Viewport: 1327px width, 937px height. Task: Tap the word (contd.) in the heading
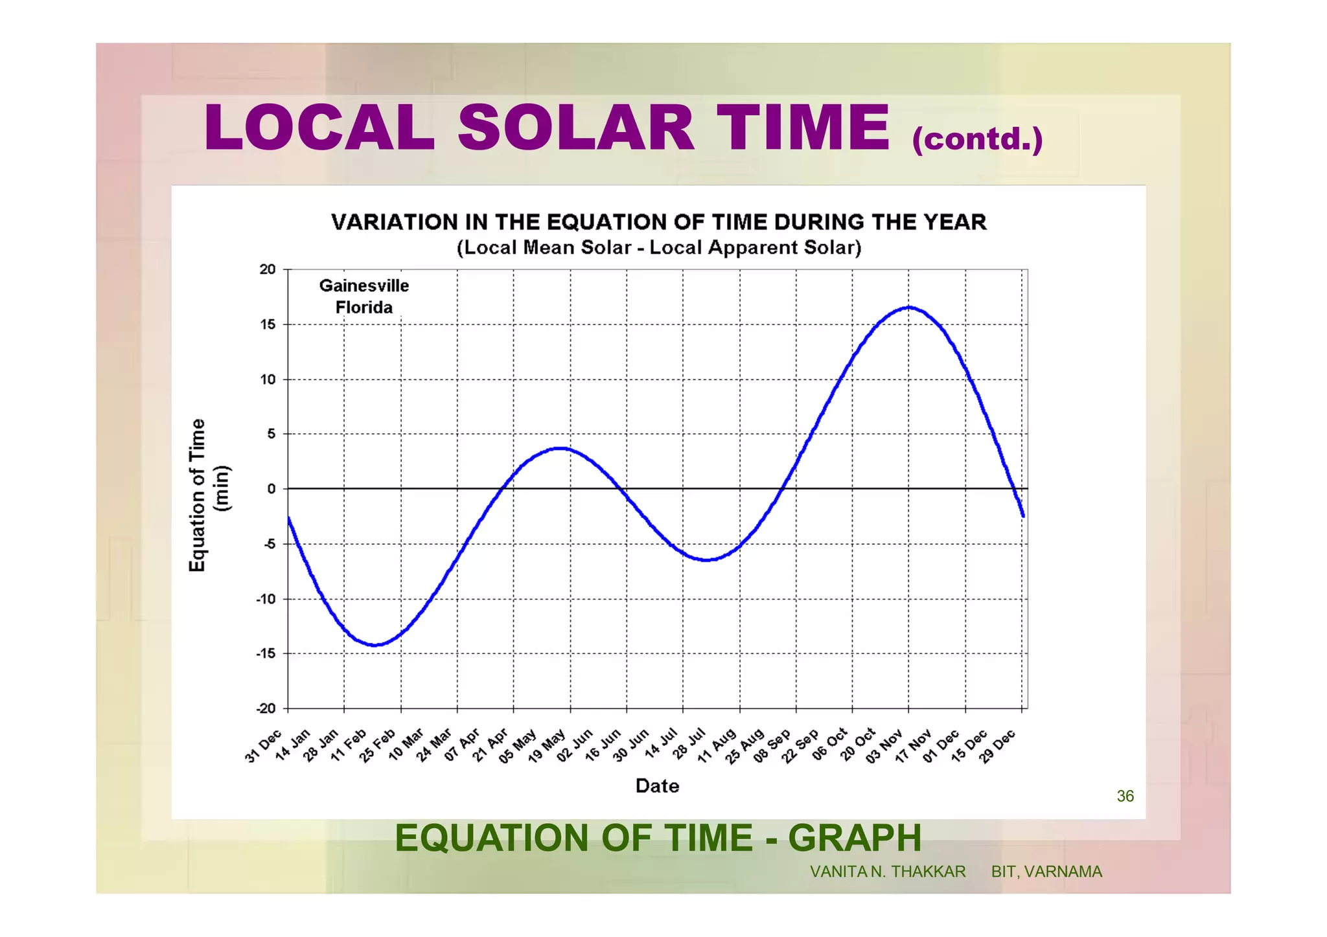tap(977, 139)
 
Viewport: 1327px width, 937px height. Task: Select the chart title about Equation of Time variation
tap(658, 222)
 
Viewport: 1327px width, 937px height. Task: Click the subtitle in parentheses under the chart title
tap(658, 248)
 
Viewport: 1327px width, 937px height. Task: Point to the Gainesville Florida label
tap(363, 297)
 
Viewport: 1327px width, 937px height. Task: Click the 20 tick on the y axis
tap(268, 269)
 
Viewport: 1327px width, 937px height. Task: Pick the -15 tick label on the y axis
tap(266, 653)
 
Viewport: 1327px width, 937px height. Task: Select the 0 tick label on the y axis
tap(271, 489)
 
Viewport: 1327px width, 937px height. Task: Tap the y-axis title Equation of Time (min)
tap(207, 495)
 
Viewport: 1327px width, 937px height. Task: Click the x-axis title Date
tap(657, 786)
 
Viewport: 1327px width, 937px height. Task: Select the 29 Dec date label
tap(997, 746)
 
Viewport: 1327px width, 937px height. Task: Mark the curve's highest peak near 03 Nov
tap(909, 307)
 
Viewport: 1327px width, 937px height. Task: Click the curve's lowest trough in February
tap(375, 645)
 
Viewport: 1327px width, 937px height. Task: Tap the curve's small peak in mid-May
tap(561, 448)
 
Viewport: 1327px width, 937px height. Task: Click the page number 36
tap(1125, 796)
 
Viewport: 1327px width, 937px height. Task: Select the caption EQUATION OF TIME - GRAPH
tap(658, 838)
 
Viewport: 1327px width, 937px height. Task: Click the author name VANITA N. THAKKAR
tap(887, 872)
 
